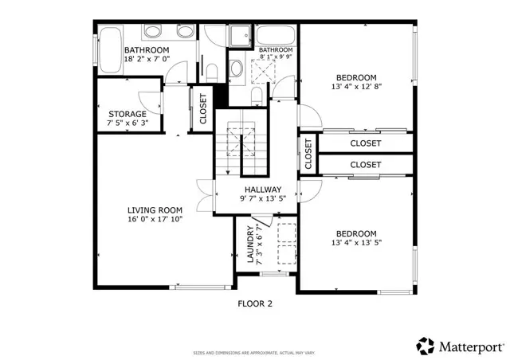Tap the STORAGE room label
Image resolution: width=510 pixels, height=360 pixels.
[x=127, y=114]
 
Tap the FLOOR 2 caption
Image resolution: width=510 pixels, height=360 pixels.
[x=255, y=303]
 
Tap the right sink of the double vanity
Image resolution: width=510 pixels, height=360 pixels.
[x=184, y=33]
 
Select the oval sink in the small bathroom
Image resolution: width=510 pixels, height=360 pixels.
[x=236, y=68]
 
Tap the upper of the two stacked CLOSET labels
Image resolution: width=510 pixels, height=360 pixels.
[x=366, y=143]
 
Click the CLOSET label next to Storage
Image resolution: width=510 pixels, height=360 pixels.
[x=202, y=109]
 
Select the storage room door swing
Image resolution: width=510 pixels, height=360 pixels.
[x=150, y=101]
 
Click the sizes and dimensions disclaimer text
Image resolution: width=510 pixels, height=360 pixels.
[x=255, y=352]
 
